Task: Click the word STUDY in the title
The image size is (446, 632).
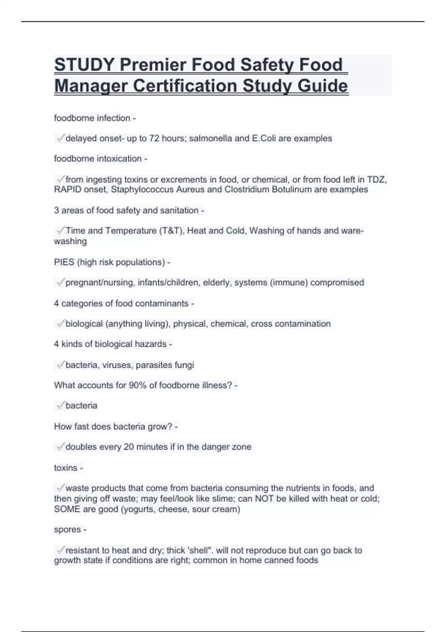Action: (x=84, y=65)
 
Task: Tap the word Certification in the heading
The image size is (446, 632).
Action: (x=185, y=86)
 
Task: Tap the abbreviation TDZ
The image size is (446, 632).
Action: (x=376, y=180)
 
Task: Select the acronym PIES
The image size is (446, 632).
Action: (x=64, y=262)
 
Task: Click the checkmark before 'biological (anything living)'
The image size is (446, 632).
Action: (x=60, y=324)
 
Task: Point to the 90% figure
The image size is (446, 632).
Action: (x=138, y=385)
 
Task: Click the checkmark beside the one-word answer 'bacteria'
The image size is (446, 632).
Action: (x=60, y=406)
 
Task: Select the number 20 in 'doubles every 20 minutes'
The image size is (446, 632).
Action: (x=129, y=447)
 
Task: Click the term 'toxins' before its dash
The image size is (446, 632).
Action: (x=65, y=468)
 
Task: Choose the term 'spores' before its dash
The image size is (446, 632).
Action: (x=67, y=529)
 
